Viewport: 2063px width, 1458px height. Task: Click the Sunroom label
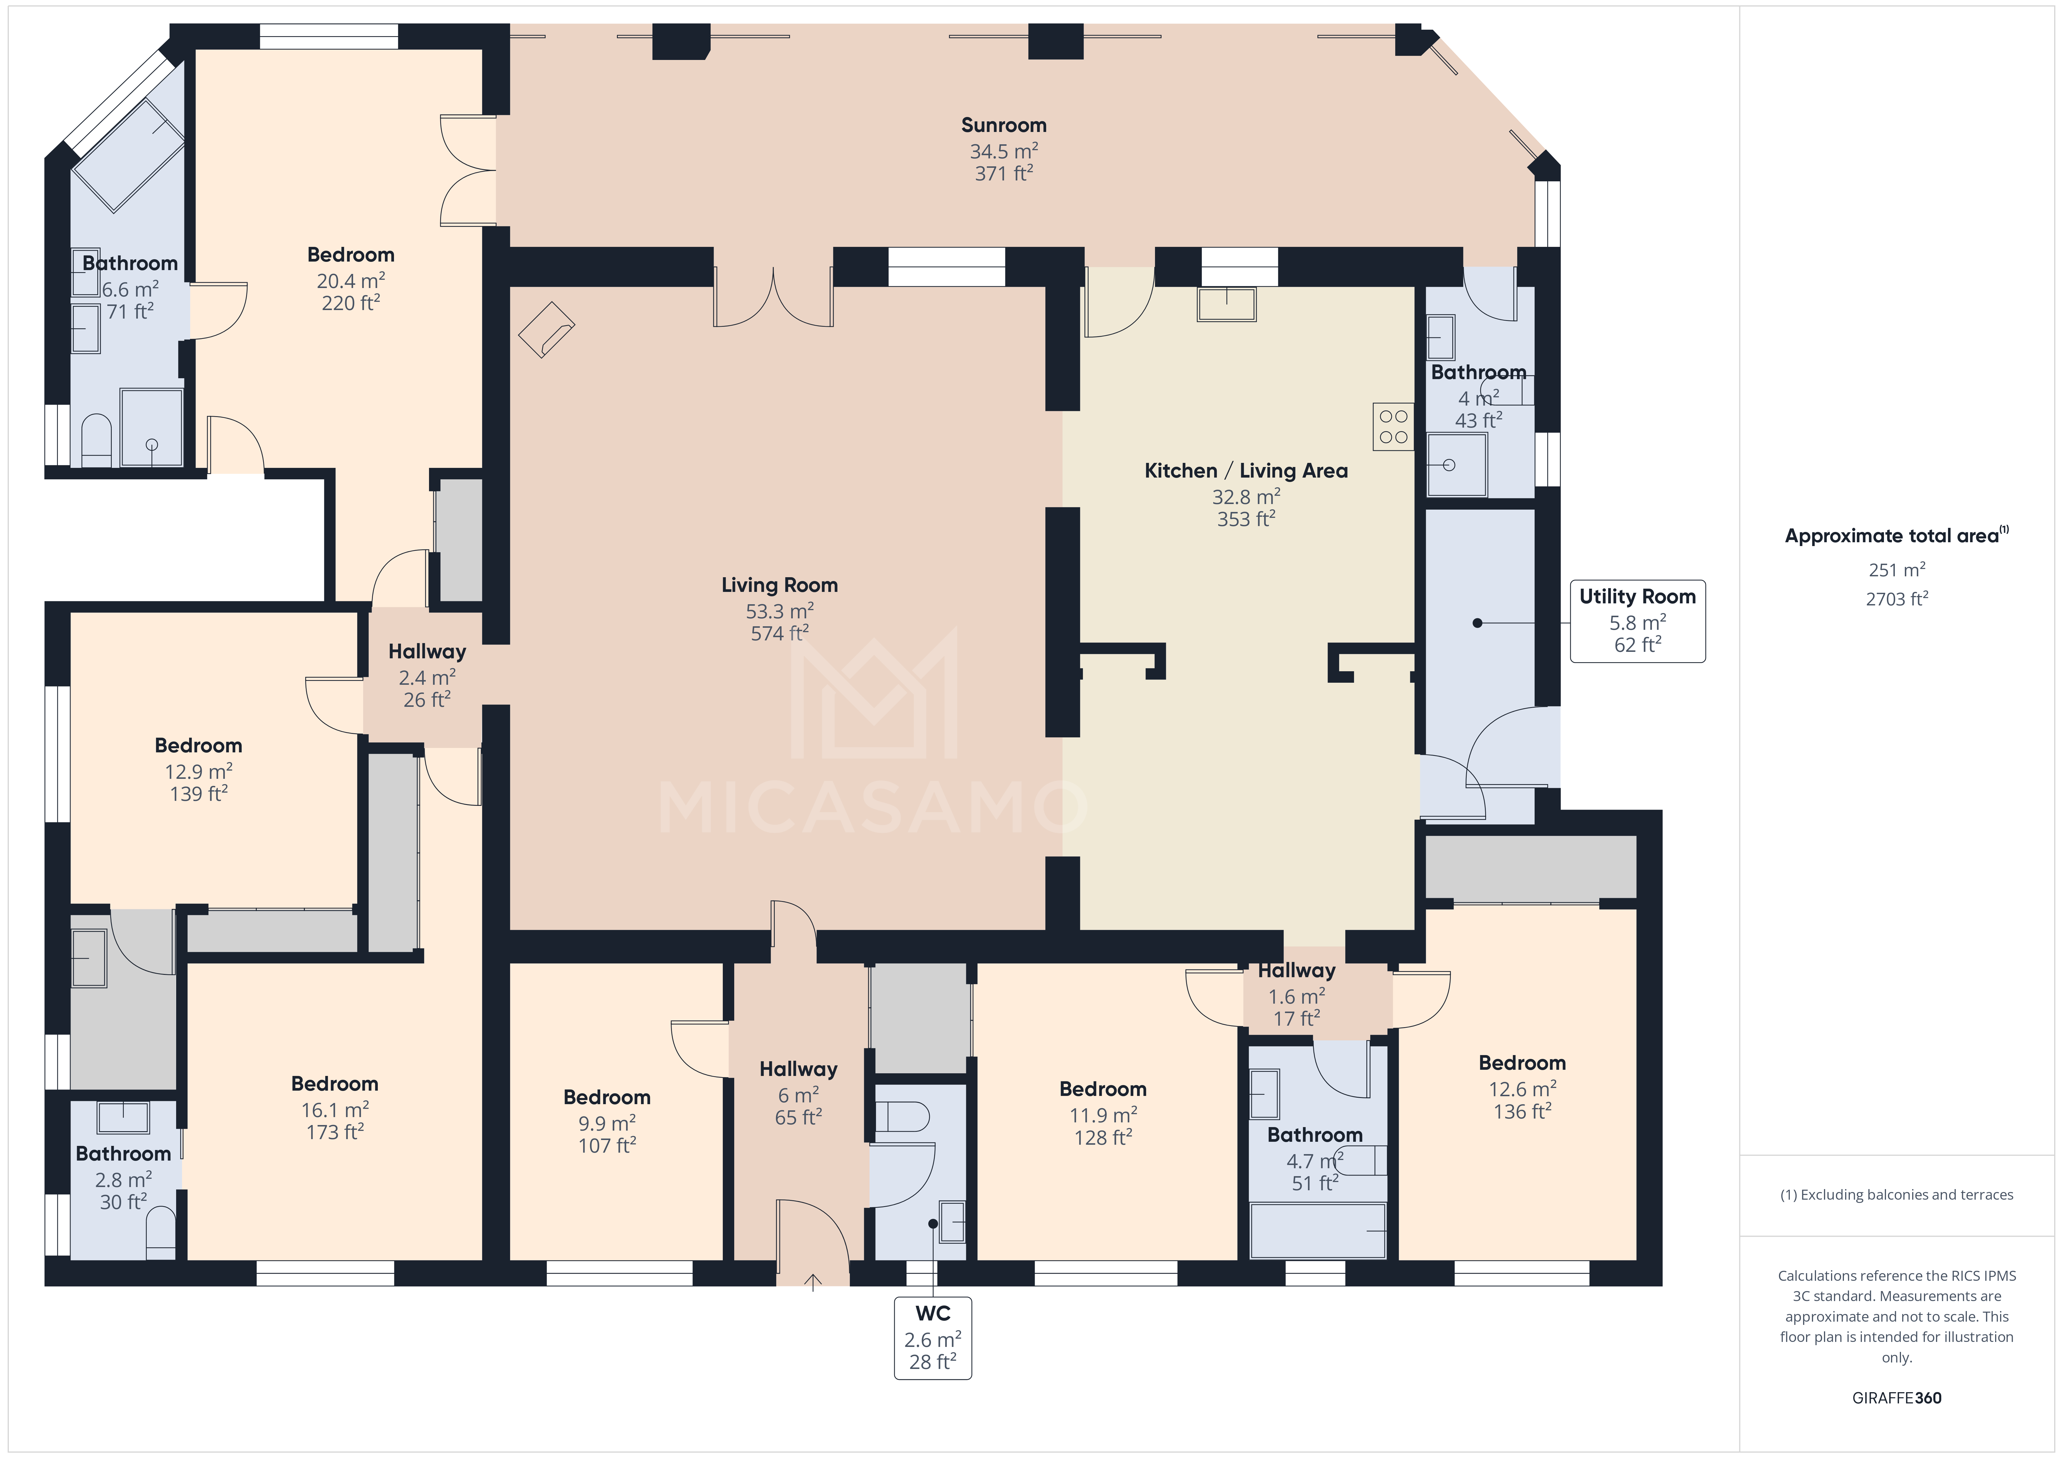(1004, 125)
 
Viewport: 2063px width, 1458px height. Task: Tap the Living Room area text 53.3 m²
(779, 611)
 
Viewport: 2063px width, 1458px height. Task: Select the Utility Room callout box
(1637, 621)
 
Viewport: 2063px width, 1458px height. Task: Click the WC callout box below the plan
(933, 1338)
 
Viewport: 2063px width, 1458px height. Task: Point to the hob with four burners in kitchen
(1393, 427)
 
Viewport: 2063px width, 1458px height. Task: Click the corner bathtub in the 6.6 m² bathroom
(128, 155)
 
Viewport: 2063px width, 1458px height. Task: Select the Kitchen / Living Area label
(1245, 471)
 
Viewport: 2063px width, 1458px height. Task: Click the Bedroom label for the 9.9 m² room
(607, 1097)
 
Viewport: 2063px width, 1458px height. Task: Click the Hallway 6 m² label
(798, 1069)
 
